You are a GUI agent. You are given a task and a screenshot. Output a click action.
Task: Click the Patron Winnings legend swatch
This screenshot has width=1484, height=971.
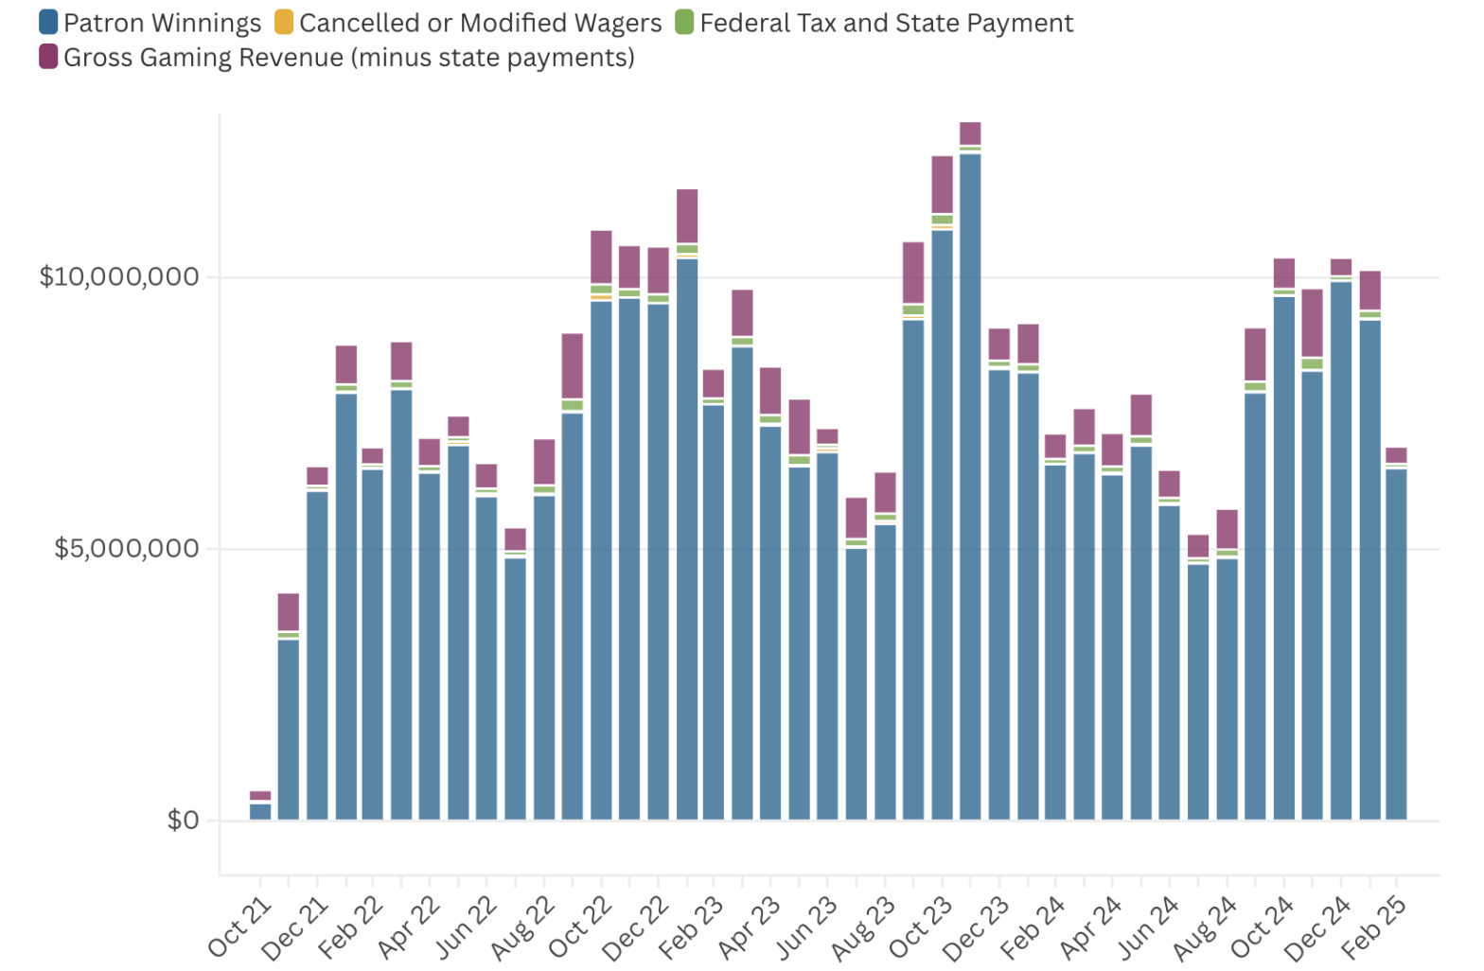coord(48,22)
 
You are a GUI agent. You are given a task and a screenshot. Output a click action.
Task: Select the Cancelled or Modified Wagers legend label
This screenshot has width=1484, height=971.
coord(480,23)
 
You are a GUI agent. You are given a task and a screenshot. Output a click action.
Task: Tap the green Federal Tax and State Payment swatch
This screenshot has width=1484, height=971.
coord(684,22)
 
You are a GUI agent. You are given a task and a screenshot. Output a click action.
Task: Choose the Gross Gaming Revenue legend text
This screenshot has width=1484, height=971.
coord(348,58)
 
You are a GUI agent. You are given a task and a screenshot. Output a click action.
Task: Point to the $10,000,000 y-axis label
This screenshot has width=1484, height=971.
coord(119,277)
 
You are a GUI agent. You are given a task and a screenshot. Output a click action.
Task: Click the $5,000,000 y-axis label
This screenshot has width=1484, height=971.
coord(127,549)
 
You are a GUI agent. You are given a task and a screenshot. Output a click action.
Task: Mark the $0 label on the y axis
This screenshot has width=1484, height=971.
coord(183,820)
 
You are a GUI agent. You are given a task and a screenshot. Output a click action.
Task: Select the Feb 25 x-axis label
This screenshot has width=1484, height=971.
coord(1375,927)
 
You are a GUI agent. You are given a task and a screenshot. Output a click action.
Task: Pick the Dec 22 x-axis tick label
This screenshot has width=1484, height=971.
coord(636,927)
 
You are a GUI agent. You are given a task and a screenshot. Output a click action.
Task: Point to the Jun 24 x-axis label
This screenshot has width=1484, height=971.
coord(1147,927)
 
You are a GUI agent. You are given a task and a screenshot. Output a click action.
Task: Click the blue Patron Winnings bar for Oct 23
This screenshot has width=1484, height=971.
coord(942,521)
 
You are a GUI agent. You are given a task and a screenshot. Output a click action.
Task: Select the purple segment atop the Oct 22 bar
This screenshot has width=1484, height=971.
coord(601,256)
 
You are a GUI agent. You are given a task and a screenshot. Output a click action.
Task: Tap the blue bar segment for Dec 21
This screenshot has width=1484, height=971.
coord(317,653)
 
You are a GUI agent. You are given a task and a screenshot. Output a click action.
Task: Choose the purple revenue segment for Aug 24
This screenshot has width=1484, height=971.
coord(1227,528)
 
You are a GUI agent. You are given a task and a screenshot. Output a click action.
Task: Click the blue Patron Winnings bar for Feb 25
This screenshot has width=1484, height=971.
coord(1396,644)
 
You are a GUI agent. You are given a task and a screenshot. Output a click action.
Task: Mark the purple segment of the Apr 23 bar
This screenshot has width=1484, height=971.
coord(771,390)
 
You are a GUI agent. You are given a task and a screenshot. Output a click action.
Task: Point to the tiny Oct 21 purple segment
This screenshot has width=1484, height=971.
coord(260,796)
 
